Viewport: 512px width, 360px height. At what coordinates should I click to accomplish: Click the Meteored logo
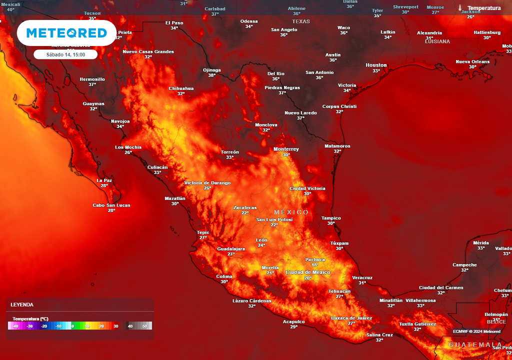click(x=66, y=33)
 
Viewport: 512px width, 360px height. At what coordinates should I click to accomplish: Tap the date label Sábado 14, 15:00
click(x=65, y=54)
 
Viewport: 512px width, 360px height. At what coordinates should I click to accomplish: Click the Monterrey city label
click(x=286, y=149)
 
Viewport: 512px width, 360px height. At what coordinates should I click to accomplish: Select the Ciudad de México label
click(x=308, y=272)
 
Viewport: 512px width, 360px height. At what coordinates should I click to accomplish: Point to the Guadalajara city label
click(x=231, y=248)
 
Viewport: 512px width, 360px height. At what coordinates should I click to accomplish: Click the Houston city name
click(x=376, y=65)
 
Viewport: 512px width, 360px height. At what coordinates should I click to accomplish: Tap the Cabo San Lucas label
click(x=111, y=205)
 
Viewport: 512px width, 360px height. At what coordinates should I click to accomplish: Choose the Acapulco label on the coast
click(x=293, y=321)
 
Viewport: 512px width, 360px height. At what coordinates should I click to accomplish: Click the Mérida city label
click(x=480, y=242)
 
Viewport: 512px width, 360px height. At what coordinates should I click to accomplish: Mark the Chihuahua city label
click(x=181, y=88)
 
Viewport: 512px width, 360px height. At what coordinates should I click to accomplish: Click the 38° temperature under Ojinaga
click(x=212, y=75)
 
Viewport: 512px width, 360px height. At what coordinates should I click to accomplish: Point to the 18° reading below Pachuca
click(x=315, y=265)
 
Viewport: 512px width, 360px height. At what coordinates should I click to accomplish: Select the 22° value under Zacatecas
click(x=245, y=213)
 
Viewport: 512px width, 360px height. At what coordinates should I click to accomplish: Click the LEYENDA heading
click(x=22, y=304)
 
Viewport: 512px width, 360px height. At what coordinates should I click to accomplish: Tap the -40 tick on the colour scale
click(x=16, y=326)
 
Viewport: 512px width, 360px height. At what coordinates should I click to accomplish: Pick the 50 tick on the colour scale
click(x=145, y=326)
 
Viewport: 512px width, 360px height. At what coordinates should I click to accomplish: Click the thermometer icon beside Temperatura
click(x=459, y=8)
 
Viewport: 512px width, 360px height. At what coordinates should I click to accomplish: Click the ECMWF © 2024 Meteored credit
click(x=476, y=331)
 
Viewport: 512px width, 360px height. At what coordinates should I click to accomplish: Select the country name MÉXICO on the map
click(x=291, y=212)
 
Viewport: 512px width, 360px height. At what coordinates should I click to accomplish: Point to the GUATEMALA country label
click(x=475, y=345)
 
